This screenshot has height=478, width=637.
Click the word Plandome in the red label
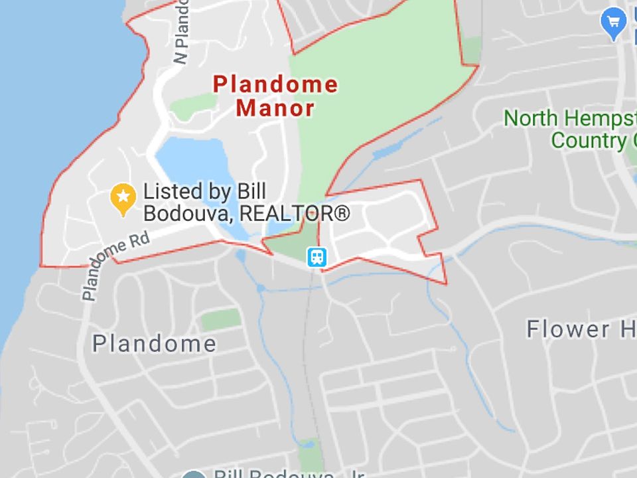tap(275, 84)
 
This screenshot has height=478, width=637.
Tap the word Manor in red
tap(275, 108)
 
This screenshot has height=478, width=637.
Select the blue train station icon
tap(316, 256)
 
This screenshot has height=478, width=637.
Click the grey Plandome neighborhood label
tap(154, 343)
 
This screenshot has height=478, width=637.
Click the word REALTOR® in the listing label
tap(294, 213)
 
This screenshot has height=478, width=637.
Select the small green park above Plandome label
tap(221, 319)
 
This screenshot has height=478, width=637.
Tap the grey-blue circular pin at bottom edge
tap(194, 474)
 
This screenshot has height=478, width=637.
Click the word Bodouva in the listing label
tap(189, 213)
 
